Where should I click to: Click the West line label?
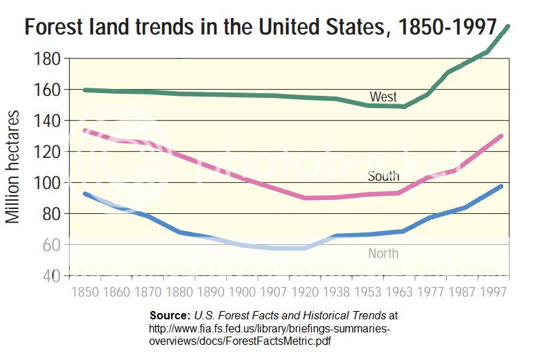coord(383,97)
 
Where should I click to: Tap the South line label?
coord(383,177)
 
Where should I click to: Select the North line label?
coord(383,254)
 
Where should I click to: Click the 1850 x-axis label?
coord(85,291)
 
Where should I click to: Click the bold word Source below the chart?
coord(170,314)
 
